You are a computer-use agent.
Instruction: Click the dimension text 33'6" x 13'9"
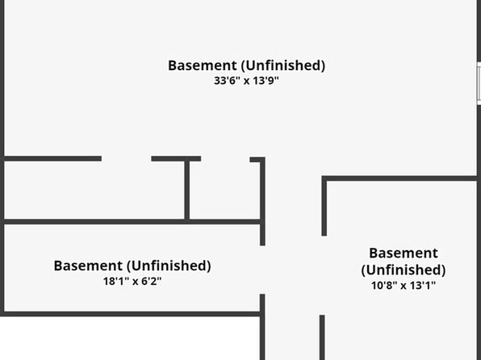(x=246, y=81)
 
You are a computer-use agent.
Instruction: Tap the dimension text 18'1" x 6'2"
(x=132, y=281)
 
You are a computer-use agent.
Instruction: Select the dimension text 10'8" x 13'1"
(x=404, y=286)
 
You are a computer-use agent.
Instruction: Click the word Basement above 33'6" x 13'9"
(x=203, y=65)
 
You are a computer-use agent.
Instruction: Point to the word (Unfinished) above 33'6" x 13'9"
(x=282, y=65)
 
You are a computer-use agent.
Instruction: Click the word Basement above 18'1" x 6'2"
(x=88, y=266)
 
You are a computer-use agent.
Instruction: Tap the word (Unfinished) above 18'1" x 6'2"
(x=169, y=266)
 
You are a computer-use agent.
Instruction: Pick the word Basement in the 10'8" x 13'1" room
(x=404, y=253)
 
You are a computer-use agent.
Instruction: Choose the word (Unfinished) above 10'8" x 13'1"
(x=404, y=270)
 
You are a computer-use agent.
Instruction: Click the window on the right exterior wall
(x=479, y=83)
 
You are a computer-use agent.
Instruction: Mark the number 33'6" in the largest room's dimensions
(x=225, y=81)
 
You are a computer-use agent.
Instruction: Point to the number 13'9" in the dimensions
(x=266, y=81)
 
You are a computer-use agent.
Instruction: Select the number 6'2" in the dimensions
(x=152, y=281)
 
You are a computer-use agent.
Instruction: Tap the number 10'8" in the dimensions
(x=383, y=286)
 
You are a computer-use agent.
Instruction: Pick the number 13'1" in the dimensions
(x=423, y=286)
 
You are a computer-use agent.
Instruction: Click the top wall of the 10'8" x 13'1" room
(x=399, y=178)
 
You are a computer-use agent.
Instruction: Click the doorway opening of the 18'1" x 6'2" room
(x=262, y=270)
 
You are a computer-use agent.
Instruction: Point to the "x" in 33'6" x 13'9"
(x=246, y=82)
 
